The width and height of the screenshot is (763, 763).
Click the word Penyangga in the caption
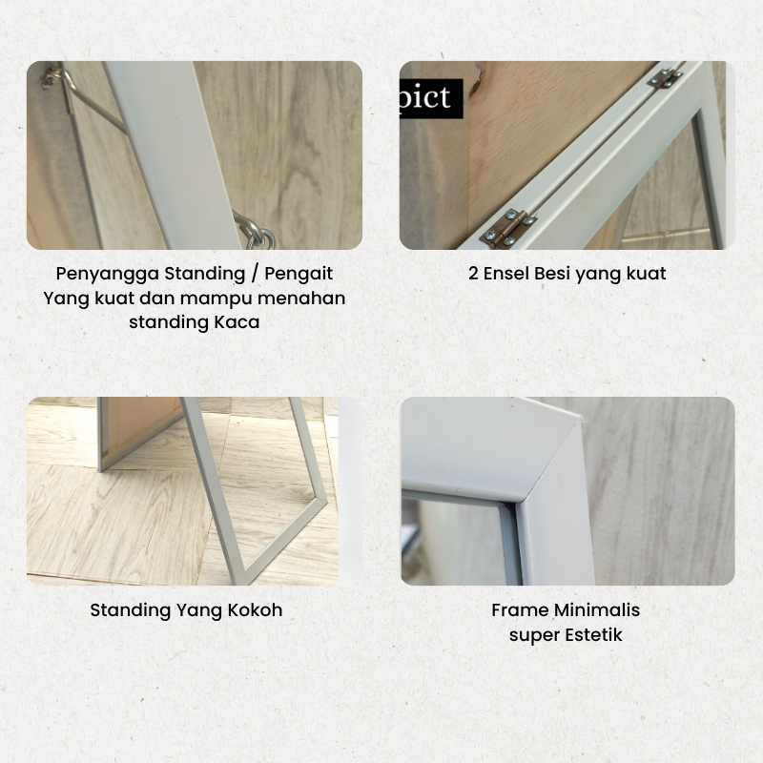(x=108, y=274)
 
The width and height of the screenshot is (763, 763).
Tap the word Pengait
(x=299, y=274)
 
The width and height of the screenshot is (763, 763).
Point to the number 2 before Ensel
(x=473, y=274)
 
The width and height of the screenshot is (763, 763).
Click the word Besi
(x=552, y=274)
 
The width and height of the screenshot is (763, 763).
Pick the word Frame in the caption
(x=520, y=610)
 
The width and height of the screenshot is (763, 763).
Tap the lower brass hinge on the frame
(x=508, y=229)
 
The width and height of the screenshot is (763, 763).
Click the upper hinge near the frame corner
(x=665, y=78)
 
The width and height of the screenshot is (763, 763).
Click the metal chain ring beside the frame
(x=257, y=233)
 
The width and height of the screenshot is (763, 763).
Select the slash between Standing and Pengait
(x=255, y=274)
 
